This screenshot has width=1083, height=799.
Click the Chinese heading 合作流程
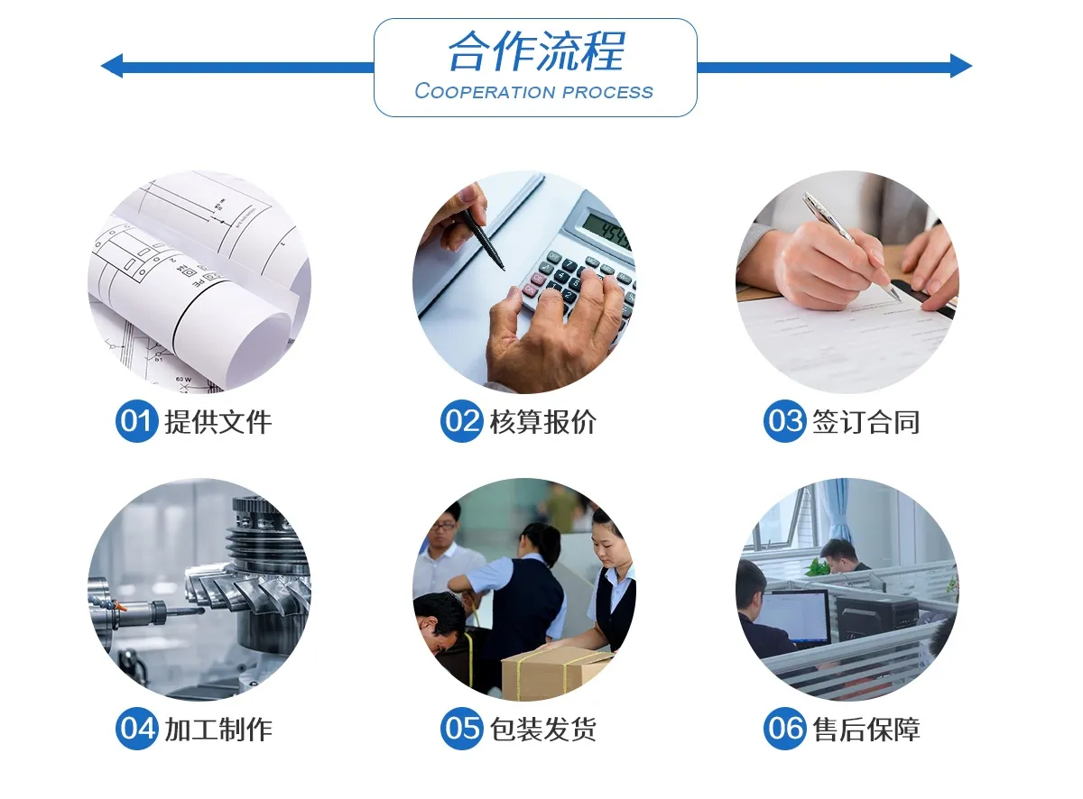pos(536,51)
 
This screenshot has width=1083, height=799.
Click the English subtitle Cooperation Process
pos(533,91)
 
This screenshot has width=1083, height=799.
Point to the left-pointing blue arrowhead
pos(112,66)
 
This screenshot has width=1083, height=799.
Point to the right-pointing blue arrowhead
pos(961,66)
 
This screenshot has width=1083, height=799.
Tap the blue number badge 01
pos(136,421)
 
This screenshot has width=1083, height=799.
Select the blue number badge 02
pos(461,421)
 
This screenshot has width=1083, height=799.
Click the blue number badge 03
pos(784,421)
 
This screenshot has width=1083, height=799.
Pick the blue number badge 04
pos(136,729)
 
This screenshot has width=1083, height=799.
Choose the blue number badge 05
pos(461,729)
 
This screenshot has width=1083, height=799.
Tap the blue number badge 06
pos(784,729)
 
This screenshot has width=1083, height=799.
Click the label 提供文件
pos(218,422)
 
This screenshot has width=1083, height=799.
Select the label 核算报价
pos(542,422)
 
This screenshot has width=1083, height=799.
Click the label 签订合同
pos(866,422)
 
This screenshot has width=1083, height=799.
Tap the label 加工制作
pos(218,730)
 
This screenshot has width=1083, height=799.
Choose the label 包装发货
pos(542,730)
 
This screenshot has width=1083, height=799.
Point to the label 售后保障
pos(866,730)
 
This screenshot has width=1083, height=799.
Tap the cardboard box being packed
pos(557,672)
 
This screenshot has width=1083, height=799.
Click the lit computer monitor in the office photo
pos(792,617)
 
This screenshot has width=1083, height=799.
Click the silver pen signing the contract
pos(850,245)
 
